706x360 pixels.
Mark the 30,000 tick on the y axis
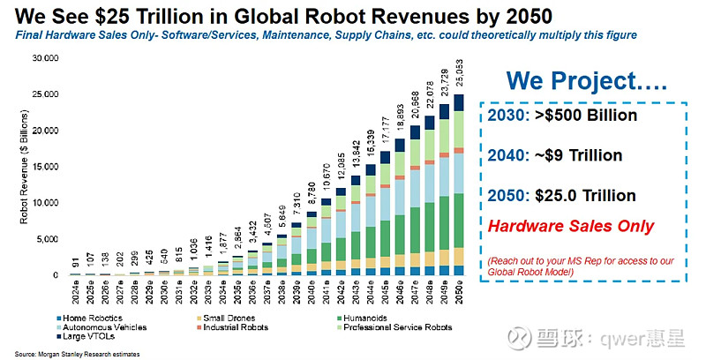pos(44,58)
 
